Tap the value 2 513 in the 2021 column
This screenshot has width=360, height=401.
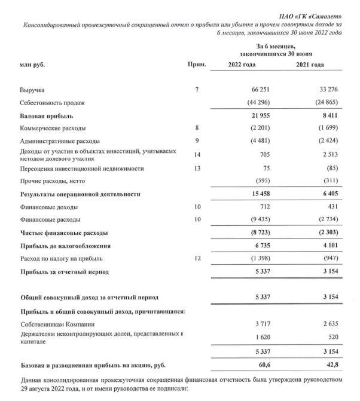tap(329, 155)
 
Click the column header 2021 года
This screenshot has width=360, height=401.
tap(326, 64)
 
